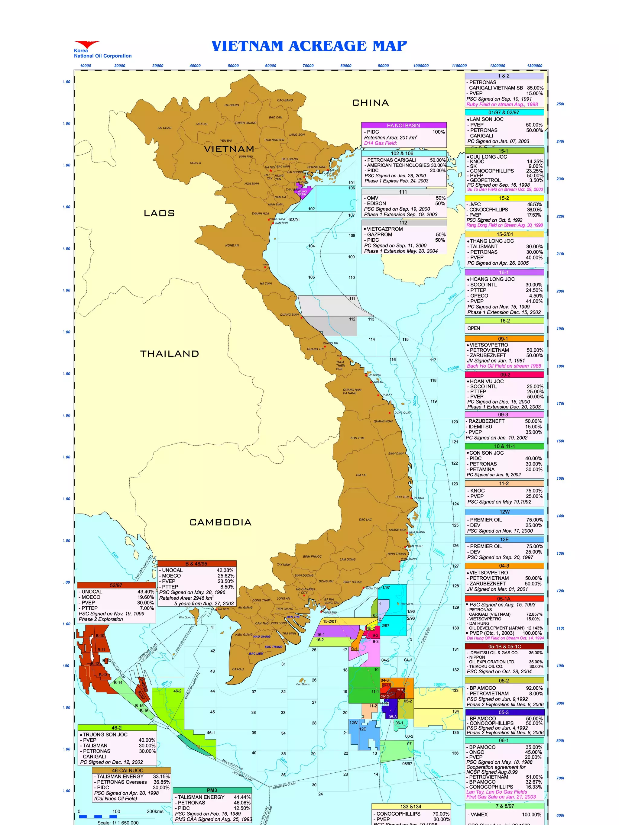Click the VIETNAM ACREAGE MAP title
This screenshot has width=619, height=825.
tap(309, 46)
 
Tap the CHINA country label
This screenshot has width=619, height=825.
tap(371, 103)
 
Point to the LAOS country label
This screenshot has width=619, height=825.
tap(159, 213)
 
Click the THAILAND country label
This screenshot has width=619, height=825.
tap(170, 353)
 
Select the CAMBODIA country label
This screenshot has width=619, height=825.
tap(221, 522)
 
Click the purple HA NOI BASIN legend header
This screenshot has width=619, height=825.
tap(403, 125)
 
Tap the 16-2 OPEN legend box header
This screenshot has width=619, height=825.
tap(504, 321)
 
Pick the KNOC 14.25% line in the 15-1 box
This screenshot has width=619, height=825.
tap(504, 162)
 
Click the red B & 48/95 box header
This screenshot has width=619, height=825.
tap(197, 564)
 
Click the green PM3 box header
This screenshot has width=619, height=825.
tap(212, 790)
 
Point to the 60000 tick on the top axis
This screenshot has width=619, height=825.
tap(271, 66)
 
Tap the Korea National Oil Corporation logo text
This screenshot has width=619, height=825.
tap(102, 53)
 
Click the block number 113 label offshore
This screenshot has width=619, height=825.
tap(371, 319)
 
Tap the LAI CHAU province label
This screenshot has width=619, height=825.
tap(164, 128)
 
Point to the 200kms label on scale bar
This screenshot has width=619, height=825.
tap(155, 811)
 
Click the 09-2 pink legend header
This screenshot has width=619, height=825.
tap(504, 375)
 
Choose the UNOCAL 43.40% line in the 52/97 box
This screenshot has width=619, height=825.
tap(116, 591)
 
